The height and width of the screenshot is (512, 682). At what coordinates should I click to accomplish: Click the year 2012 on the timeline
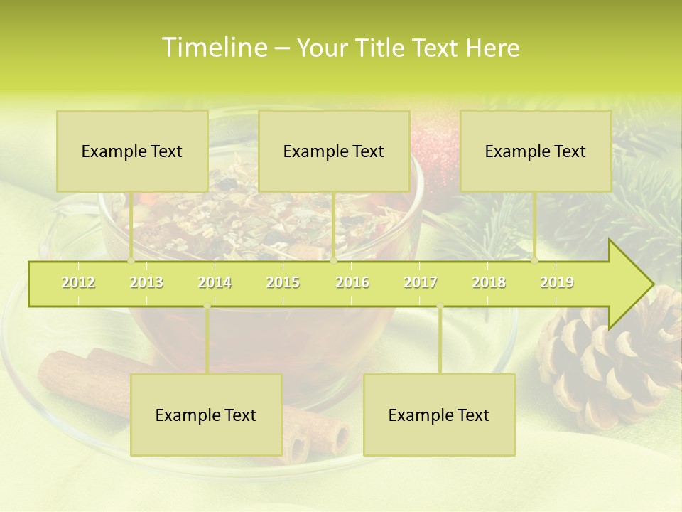(x=78, y=282)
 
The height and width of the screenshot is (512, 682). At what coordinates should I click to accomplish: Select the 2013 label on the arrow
(x=146, y=282)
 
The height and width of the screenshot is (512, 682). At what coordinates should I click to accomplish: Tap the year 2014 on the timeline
(x=215, y=282)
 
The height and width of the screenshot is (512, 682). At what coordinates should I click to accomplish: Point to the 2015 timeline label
(x=283, y=282)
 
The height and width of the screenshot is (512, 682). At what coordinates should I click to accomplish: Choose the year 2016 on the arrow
(x=352, y=282)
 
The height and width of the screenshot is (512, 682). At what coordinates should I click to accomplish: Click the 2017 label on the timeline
(x=421, y=282)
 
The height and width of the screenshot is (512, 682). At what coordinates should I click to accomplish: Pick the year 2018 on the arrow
(x=489, y=282)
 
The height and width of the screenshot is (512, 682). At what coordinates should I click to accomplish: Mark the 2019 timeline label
(x=557, y=282)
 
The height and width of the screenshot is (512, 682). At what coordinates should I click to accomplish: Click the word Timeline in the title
(x=213, y=48)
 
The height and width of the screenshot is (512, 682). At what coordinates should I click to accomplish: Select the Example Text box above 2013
(x=132, y=151)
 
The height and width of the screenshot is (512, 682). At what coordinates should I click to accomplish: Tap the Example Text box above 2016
(x=334, y=151)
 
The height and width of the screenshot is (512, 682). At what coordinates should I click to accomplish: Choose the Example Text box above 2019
(x=536, y=151)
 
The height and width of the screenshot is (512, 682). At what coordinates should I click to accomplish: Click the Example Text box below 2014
(x=206, y=415)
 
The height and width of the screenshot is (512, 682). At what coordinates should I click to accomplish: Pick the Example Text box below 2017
(x=439, y=415)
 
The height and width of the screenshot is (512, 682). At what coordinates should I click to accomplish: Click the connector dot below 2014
(x=207, y=306)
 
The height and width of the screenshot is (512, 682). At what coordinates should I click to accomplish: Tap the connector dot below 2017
(x=440, y=306)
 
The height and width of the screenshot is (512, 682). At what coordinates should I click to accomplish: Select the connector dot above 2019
(x=535, y=260)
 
